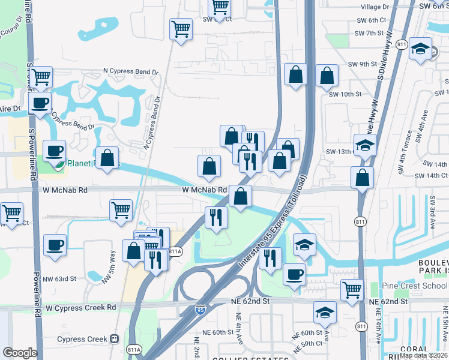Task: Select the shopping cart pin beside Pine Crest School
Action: tap(352, 290)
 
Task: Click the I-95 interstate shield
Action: tap(200, 310)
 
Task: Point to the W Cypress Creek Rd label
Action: tap(80, 308)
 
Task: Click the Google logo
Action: tap(19, 353)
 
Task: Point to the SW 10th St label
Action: tap(345, 94)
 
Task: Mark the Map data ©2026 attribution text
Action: tap(423, 355)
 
